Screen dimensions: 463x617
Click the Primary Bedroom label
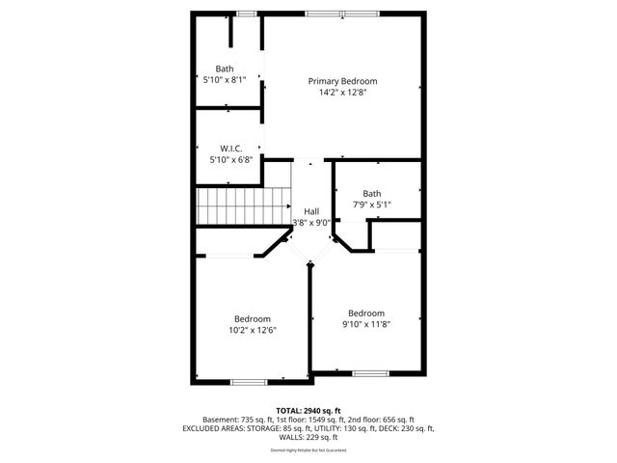[342, 81]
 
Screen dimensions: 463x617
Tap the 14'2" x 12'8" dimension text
[342, 94]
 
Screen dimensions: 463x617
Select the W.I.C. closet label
[230, 148]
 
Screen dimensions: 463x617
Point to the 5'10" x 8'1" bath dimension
[225, 80]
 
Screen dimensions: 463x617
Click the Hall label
[311, 211]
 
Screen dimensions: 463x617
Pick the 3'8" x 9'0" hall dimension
[311, 223]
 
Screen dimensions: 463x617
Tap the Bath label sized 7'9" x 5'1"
[372, 193]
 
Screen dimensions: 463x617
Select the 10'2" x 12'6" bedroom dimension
[253, 331]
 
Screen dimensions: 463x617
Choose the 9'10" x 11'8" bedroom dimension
[366, 324]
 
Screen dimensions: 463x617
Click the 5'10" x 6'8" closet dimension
[230, 160]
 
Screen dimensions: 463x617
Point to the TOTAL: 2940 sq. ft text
[308, 410]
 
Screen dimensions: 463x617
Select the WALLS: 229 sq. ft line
[308, 438]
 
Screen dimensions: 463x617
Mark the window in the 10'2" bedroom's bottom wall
[248, 382]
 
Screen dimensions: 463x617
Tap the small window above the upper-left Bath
[247, 13]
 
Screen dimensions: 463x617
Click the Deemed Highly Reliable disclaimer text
[308, 450]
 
